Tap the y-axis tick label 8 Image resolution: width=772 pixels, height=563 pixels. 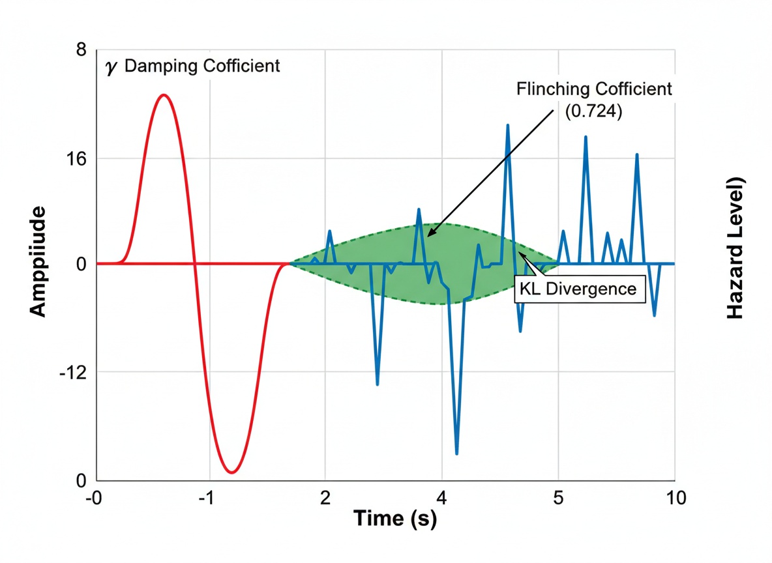pos(81,50)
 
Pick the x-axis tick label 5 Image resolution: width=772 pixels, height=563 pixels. pos(557,498)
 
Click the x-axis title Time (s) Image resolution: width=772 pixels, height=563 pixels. pos(395,519)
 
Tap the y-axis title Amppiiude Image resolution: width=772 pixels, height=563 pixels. pos(38,262)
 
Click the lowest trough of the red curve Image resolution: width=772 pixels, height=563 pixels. pos(231,472)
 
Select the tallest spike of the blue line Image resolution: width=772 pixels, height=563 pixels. pos(507,124)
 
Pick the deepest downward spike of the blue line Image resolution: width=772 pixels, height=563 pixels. pos(456,454)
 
